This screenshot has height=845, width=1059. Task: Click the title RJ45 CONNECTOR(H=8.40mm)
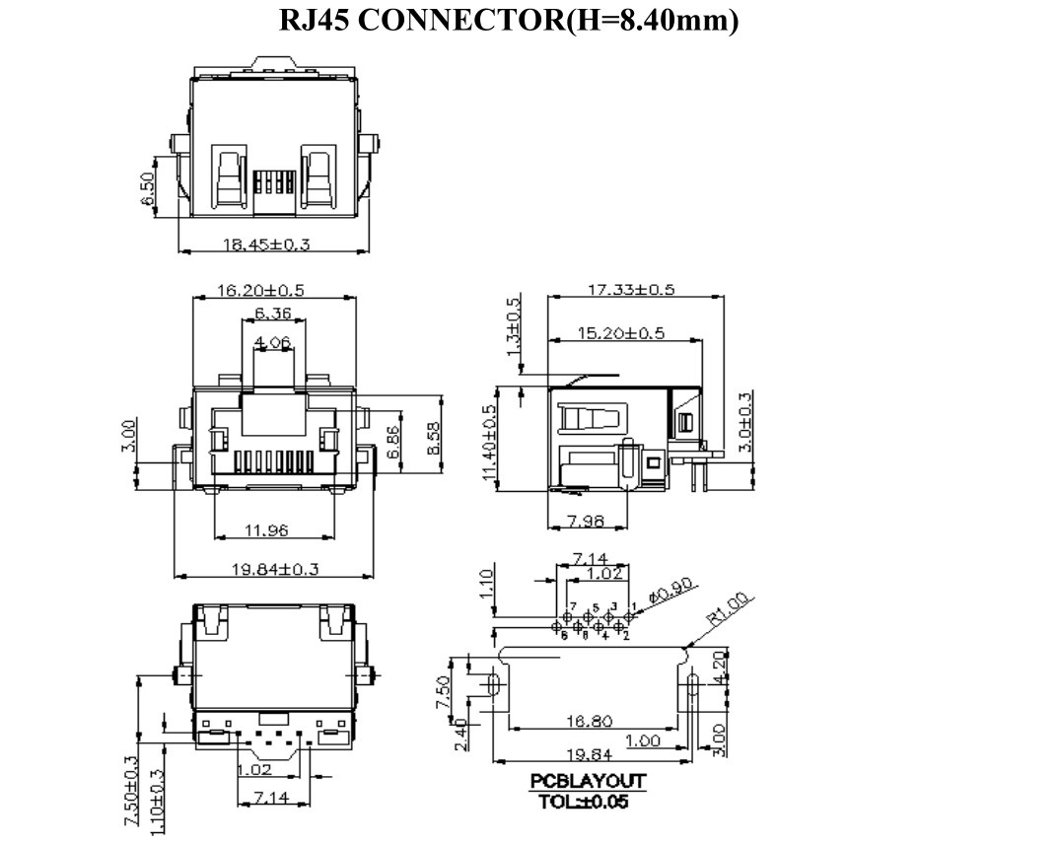pyautogui.click(x=509, y=21)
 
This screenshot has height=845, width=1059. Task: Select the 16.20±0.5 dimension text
pyautogui.click(x=261, y=291)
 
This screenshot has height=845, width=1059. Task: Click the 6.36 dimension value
pyautogui.click(x=272, y=314)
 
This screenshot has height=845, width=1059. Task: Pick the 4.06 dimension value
pyautogui.click(x=272, y=342)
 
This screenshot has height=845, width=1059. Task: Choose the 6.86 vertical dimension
pyautogui.click(x=394, y=444)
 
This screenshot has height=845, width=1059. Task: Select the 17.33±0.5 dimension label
pyautogui.click(x=631, y=290)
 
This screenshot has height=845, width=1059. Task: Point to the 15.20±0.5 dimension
pyautogui.click(x=620, y=333)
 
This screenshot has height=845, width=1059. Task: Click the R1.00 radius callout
pyautogui.click(x=730, y=609)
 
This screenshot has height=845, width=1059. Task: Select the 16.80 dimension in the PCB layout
pyautogui.click(x=589, y=721)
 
